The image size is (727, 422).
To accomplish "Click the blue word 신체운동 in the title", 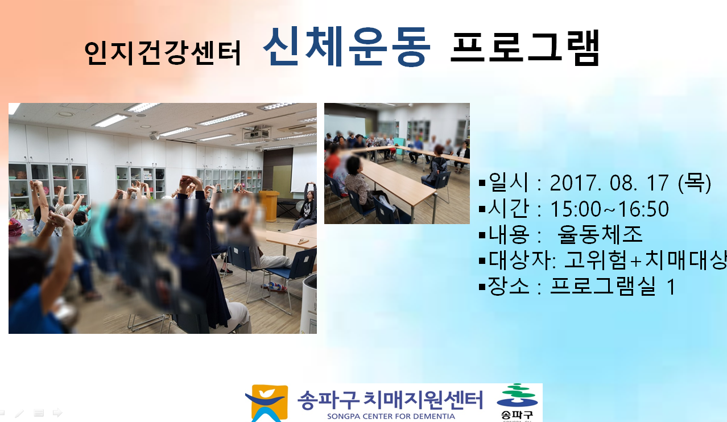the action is click(346, 47).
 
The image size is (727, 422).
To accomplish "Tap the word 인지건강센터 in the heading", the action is click(163, 53).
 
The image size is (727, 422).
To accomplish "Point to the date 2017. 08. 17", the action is click(609, 183).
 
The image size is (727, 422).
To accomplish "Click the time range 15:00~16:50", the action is click(609, 209).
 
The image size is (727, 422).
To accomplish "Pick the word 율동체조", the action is click(600, 234).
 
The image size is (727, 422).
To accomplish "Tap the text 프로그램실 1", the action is click(613, 286).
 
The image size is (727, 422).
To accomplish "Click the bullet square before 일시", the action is click(482, 183).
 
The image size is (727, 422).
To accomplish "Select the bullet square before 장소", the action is click(482, 287).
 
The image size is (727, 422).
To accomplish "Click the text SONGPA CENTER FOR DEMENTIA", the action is click(391, 416).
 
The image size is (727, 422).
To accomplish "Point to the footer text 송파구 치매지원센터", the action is click(390, 400).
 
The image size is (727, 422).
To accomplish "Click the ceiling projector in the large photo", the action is click(257, 133).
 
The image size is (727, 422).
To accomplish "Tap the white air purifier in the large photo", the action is click(309, 304).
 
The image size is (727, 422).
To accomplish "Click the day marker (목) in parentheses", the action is click(695, 183).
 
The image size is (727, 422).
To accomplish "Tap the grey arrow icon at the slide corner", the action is click(57, 412).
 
